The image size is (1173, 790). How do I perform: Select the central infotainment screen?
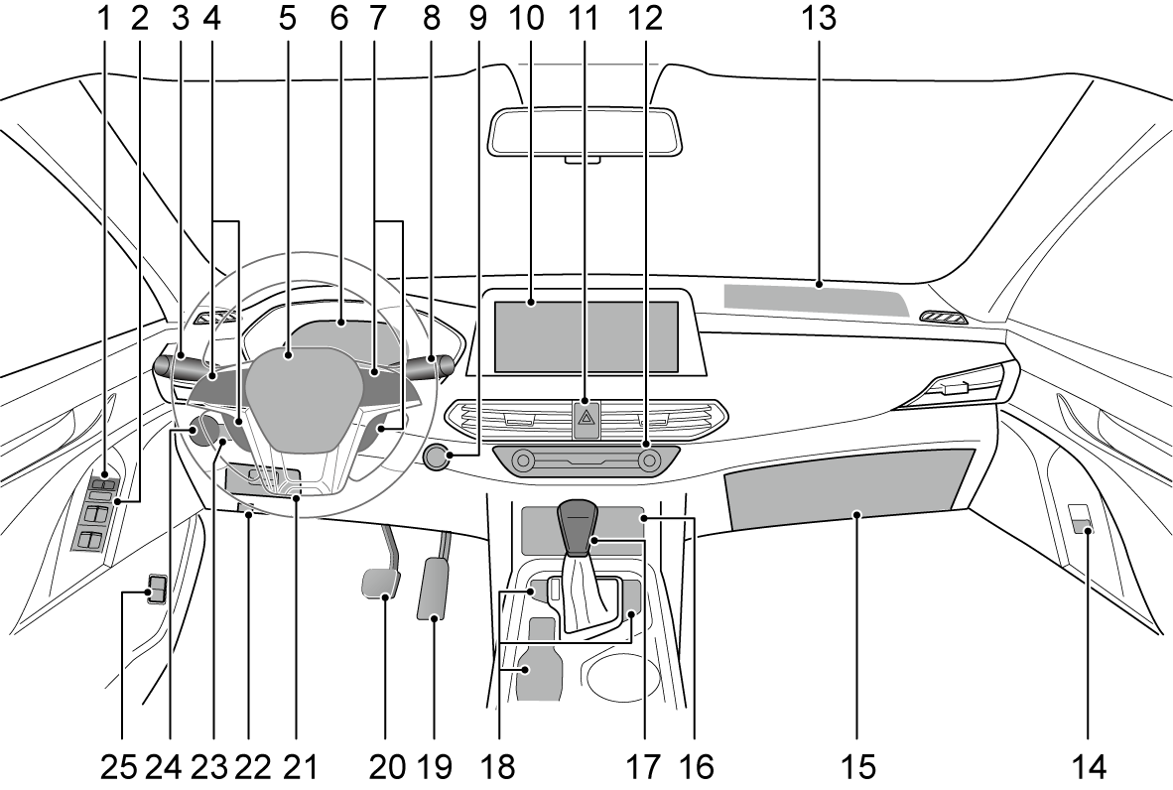click(586, 337)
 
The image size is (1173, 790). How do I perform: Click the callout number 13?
click(821, 17)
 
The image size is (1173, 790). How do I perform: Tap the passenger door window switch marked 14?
click(1081, 522)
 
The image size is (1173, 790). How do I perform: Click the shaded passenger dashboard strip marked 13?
click(814, 299)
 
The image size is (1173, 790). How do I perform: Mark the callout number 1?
click(103, 17)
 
